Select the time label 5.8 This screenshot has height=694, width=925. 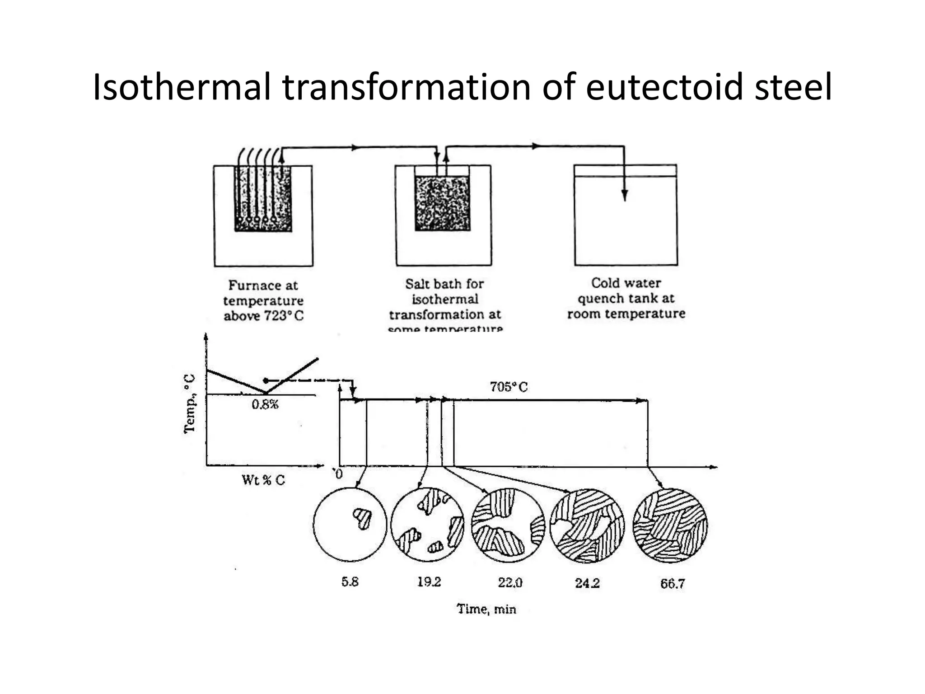click(350, 582)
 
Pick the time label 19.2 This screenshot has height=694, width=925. click(429, 582)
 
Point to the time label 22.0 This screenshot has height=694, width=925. click(510, 583)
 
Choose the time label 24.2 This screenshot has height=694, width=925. click(587, 583)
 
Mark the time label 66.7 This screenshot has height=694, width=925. click(673, 584)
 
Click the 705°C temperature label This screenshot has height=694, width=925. click(509, 387)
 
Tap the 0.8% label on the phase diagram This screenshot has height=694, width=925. click(265, 404)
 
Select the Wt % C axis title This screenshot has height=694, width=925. click(263, 480)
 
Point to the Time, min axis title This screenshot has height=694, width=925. click(486, 609)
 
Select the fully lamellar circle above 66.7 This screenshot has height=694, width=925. click(670, 525)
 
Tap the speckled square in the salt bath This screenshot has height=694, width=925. click(443, 203)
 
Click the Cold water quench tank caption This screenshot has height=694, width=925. click(626, 298)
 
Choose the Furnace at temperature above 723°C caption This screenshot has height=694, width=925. click(263, 300)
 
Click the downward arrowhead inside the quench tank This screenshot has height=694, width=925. click(625, 195)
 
